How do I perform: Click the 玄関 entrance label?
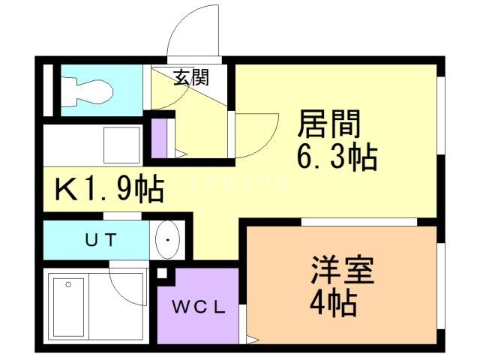(191, 77)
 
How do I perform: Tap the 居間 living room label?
(329, 123)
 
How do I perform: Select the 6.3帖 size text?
(337, 157)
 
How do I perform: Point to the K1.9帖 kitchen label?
(109, 188)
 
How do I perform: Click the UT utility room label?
(101, 240)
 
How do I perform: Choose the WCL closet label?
(199, 307)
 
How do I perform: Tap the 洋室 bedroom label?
(342, 270)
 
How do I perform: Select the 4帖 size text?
(333, 303)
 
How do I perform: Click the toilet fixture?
(87, 91)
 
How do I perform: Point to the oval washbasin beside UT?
(167, 240)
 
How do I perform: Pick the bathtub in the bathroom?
(68, 307)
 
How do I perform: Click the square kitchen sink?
(121, 145)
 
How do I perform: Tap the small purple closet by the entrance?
(159, 138)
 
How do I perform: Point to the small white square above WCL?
(162, 273)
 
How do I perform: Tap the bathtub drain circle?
(68, 285)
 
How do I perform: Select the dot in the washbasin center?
(167, 240)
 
